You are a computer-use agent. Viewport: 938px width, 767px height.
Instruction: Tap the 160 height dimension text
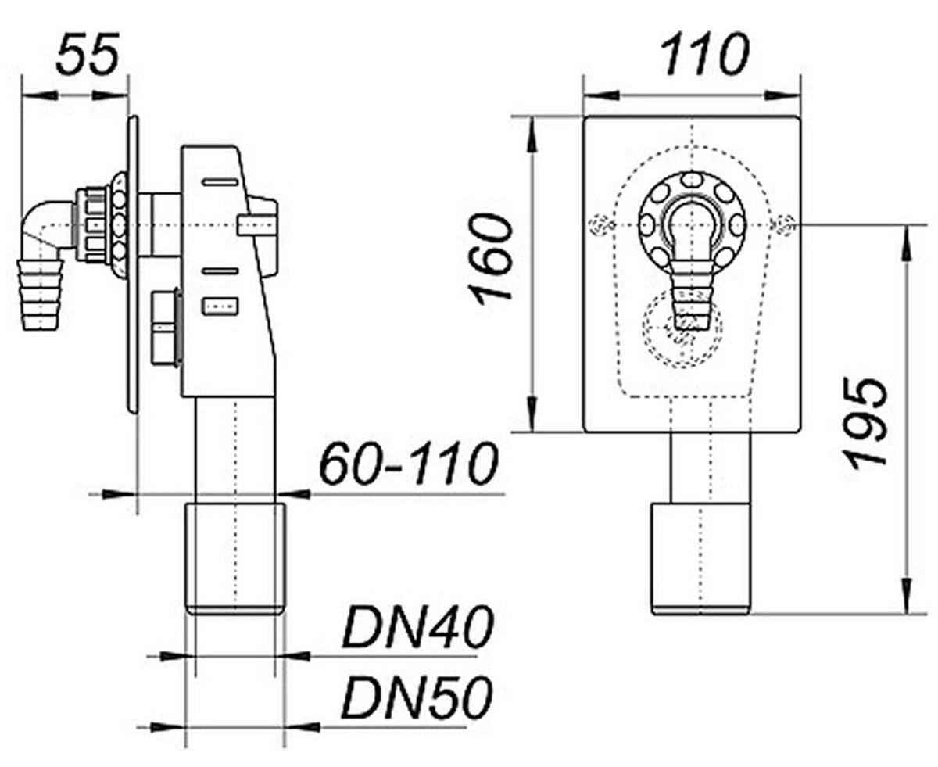[x=492, y=258]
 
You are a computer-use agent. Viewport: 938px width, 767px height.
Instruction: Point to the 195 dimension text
[x=868, y=422]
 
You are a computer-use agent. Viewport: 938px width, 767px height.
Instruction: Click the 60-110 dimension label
[x=408, y=464]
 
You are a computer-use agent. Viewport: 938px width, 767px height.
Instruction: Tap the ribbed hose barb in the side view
[x=40, y=293]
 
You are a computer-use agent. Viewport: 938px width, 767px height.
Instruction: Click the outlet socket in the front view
[x=700, y=557]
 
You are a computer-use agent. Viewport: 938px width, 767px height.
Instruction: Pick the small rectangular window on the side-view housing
[x=220, y=306]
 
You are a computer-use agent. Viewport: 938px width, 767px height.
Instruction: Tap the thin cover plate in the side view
[x=133, y=266]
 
